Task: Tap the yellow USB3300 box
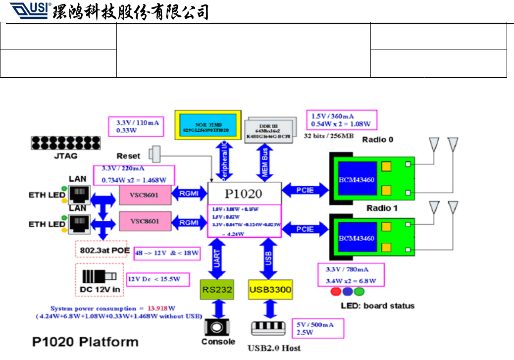point(269,289)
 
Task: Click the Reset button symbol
point(156,154)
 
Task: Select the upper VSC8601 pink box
point(145,195)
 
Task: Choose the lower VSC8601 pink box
point(145,222)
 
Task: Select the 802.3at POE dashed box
point(103,251)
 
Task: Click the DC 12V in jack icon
point(98,276)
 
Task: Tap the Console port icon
point(217,327)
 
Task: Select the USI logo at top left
point(29,10)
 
